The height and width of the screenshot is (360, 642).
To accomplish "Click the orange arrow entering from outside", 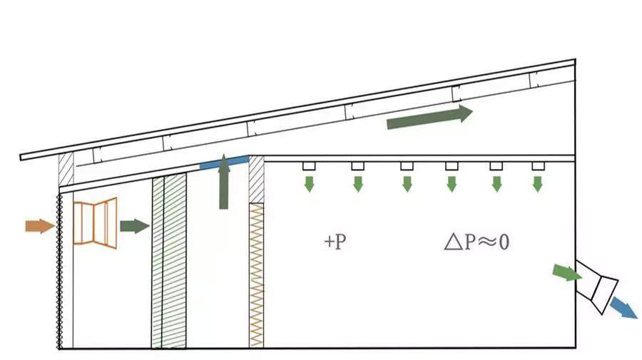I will pos(39,226).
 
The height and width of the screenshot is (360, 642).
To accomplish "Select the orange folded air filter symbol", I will pos(95,224).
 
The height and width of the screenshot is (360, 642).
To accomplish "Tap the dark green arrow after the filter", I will pos(134,227).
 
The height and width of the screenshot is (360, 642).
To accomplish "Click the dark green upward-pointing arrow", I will pos(224,182).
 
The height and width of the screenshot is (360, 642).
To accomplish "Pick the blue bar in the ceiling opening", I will pos(224,162).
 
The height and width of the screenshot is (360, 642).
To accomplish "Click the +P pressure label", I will pos(335,242).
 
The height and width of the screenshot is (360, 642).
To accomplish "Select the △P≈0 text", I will pos(476,242).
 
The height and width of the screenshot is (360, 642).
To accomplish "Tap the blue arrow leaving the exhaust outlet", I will pos(623,308).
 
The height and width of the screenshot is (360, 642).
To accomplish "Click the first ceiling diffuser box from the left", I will pos(309,166).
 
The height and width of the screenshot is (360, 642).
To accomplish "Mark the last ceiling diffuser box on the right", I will pos(538,166).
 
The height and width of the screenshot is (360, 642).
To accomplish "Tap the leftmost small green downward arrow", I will pos(309,183).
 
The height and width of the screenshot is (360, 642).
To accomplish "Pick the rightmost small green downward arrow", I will pos(538,183).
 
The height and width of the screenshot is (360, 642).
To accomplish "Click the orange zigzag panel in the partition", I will pos(256,274).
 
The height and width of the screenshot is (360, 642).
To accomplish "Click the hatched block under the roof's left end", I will pos(66,170).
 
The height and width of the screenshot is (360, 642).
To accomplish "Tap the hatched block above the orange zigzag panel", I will pos(256,179).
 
